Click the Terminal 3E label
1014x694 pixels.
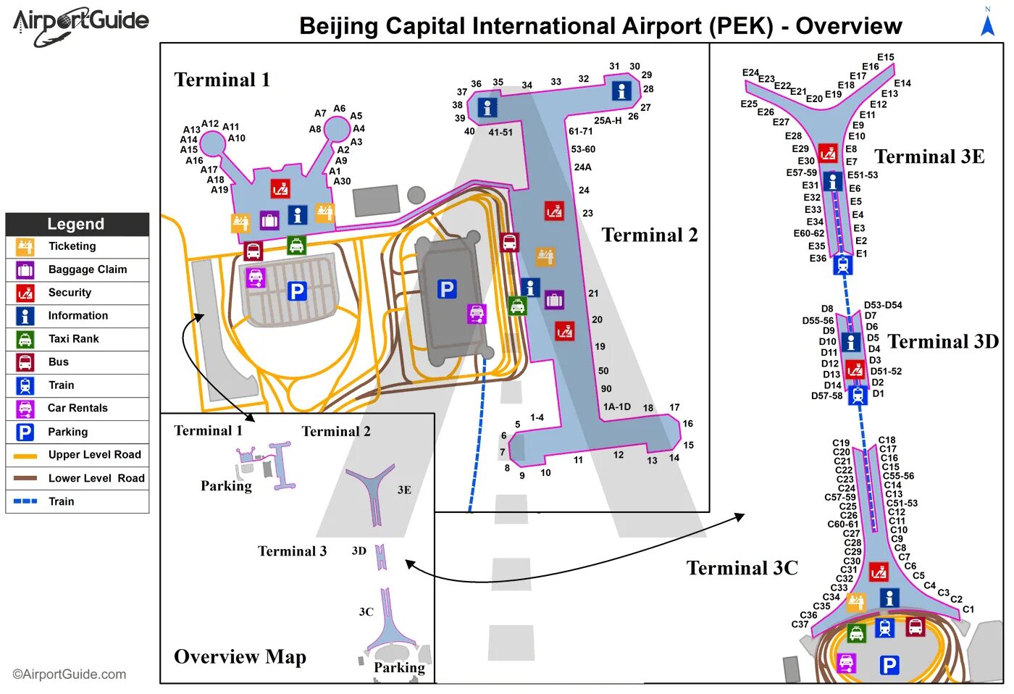coord(929,157)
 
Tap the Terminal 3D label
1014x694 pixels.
coord(943,342)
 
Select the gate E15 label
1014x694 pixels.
coord(885,57)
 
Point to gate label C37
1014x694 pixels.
coord(800,624)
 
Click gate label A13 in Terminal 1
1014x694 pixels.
coord(191,130)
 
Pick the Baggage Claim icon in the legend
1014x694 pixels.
coord(25,270)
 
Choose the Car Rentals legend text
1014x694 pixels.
coord(77,409)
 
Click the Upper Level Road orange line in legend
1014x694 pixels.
coord(25,456)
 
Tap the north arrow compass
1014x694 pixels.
coord(987,23)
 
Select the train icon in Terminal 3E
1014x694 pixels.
coord(842,265)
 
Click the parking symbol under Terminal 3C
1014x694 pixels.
coord(889,665)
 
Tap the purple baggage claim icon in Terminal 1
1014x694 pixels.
coord(269,220)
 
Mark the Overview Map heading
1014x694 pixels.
coord(240,657)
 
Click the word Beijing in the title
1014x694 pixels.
coord(338,27)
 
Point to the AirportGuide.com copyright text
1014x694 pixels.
coord(70,674)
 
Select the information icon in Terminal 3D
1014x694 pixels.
coord(851,342)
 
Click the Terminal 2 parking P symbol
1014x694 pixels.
coord(447,290)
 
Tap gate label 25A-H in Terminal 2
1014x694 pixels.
coord(608,121)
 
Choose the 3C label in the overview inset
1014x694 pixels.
coord(366,612)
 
